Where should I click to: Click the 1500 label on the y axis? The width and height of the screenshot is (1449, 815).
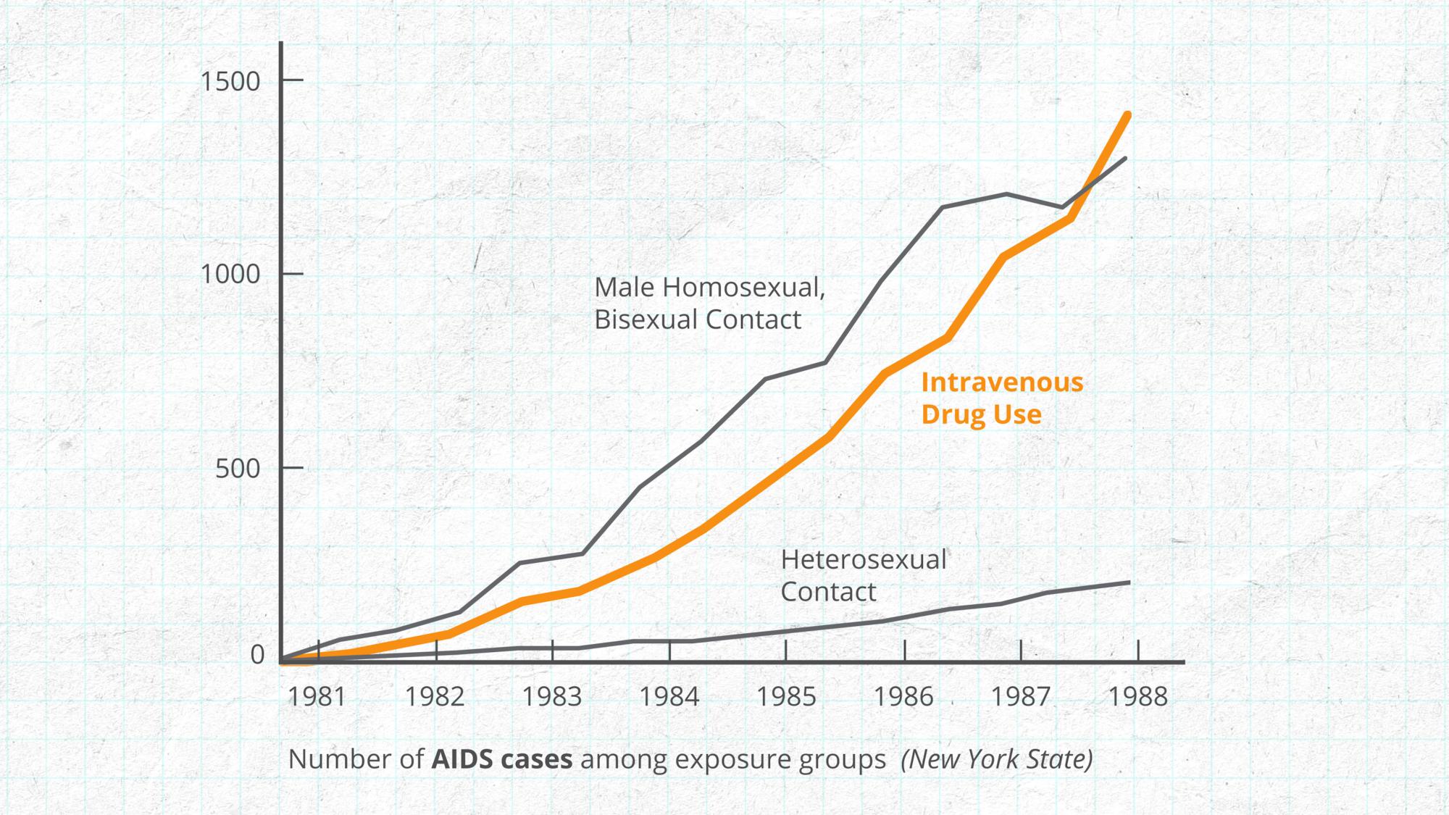point(230,81)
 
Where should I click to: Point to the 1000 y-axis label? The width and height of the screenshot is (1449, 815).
point(230,275)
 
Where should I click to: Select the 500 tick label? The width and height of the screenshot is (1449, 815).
point(238,469)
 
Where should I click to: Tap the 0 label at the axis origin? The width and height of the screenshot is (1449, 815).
point(257,655)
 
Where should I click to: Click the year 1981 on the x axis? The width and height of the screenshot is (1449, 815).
point(317,697)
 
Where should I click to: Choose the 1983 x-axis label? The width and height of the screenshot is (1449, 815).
point(552,697)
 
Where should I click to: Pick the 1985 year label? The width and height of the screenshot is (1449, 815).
point(786,697)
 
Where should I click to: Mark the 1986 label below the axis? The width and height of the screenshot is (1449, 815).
point(903,697)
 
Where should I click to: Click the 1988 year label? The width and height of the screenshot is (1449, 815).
point(1138,697)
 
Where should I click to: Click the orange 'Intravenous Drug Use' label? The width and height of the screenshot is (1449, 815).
point(1001,398)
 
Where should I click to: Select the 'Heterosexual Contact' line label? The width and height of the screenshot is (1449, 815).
point(863,575)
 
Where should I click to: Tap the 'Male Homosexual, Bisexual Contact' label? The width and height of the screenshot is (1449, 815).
point(709,303)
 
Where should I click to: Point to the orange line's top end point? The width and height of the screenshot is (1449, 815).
point(1128,114)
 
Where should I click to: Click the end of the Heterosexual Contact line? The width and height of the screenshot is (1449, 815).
point(1129,582)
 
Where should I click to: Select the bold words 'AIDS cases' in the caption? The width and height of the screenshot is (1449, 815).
point(501,759)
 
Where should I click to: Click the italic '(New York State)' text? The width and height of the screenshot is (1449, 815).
point(996,759)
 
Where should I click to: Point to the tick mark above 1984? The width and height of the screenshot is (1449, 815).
point(669,651)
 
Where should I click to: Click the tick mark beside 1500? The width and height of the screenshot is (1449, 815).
point(292,80)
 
